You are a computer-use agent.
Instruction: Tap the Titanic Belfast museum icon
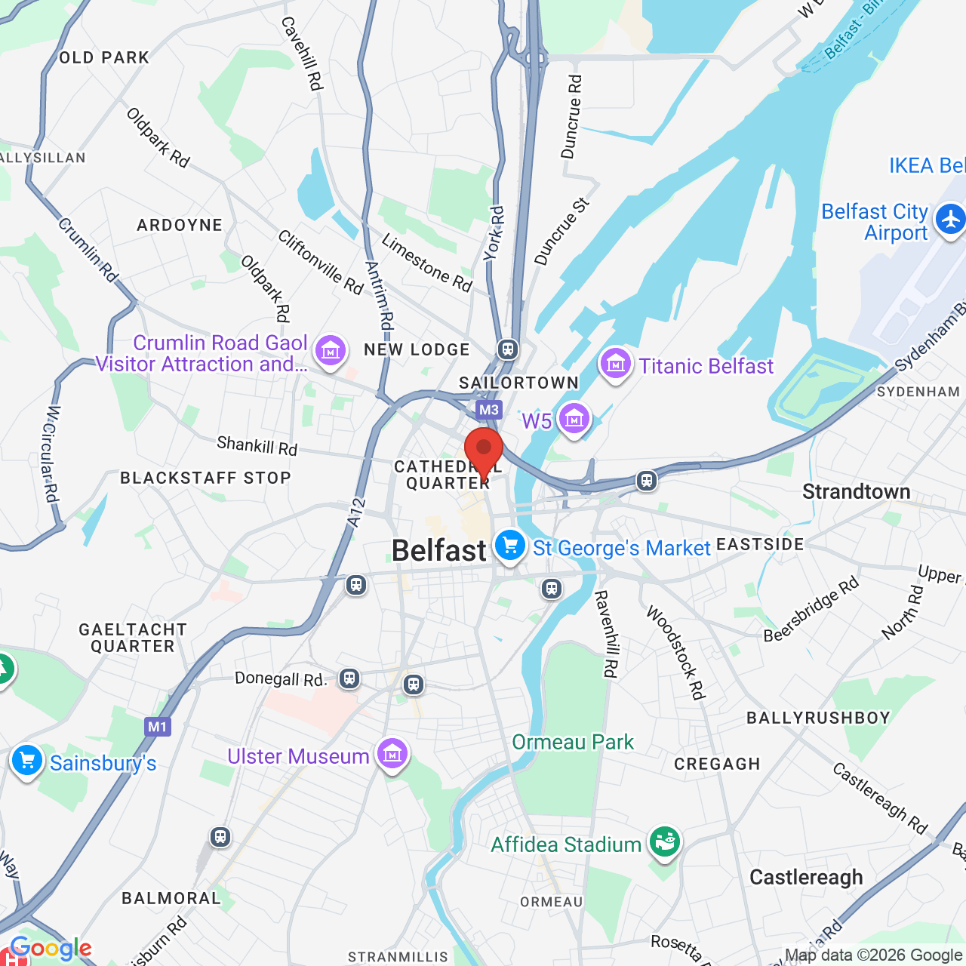click(615, 364)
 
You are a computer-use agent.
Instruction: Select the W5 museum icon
click(574, 418)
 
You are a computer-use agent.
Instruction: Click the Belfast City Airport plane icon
click(949, 220)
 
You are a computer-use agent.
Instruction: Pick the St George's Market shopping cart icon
click(510, 545)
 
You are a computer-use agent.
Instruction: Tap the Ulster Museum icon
click(392, 754)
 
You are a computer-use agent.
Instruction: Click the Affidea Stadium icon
click(664, 841)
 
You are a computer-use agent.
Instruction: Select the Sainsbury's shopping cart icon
click(27, 761)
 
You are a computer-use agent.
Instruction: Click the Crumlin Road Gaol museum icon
click(330, 351)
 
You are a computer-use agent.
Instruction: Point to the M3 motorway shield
click(488, 410)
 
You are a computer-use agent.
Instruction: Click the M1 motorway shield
click(157, 727)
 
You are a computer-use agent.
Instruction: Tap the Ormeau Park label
click(573, 742)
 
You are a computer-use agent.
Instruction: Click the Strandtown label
click(856, 491)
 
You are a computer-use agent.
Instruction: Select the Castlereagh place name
click(806, 877)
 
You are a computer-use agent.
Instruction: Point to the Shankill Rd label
click(257, 445)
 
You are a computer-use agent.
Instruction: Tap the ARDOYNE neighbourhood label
click(180, 225)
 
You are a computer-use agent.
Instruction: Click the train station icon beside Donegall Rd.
click(349, 678)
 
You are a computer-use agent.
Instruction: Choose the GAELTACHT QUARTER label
click(133, 638)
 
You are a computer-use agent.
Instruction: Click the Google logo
click(51, 948)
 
